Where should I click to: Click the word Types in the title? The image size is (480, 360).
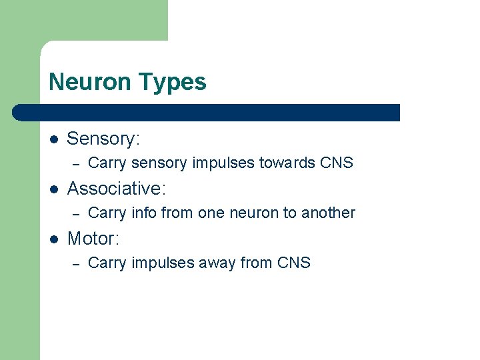coord(172,82)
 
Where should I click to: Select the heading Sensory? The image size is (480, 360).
coord(103,139)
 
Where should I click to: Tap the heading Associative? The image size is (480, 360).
coord(117,189)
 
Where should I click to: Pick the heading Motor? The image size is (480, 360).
coord(93,238)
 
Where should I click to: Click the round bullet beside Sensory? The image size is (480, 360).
coord(54,139)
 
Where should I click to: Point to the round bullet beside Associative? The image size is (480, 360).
coord(54,189)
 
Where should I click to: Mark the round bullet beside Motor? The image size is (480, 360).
coord(54,239)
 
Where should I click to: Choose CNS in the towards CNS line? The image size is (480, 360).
coord(336,163)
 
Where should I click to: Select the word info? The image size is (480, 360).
coord(140,213)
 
